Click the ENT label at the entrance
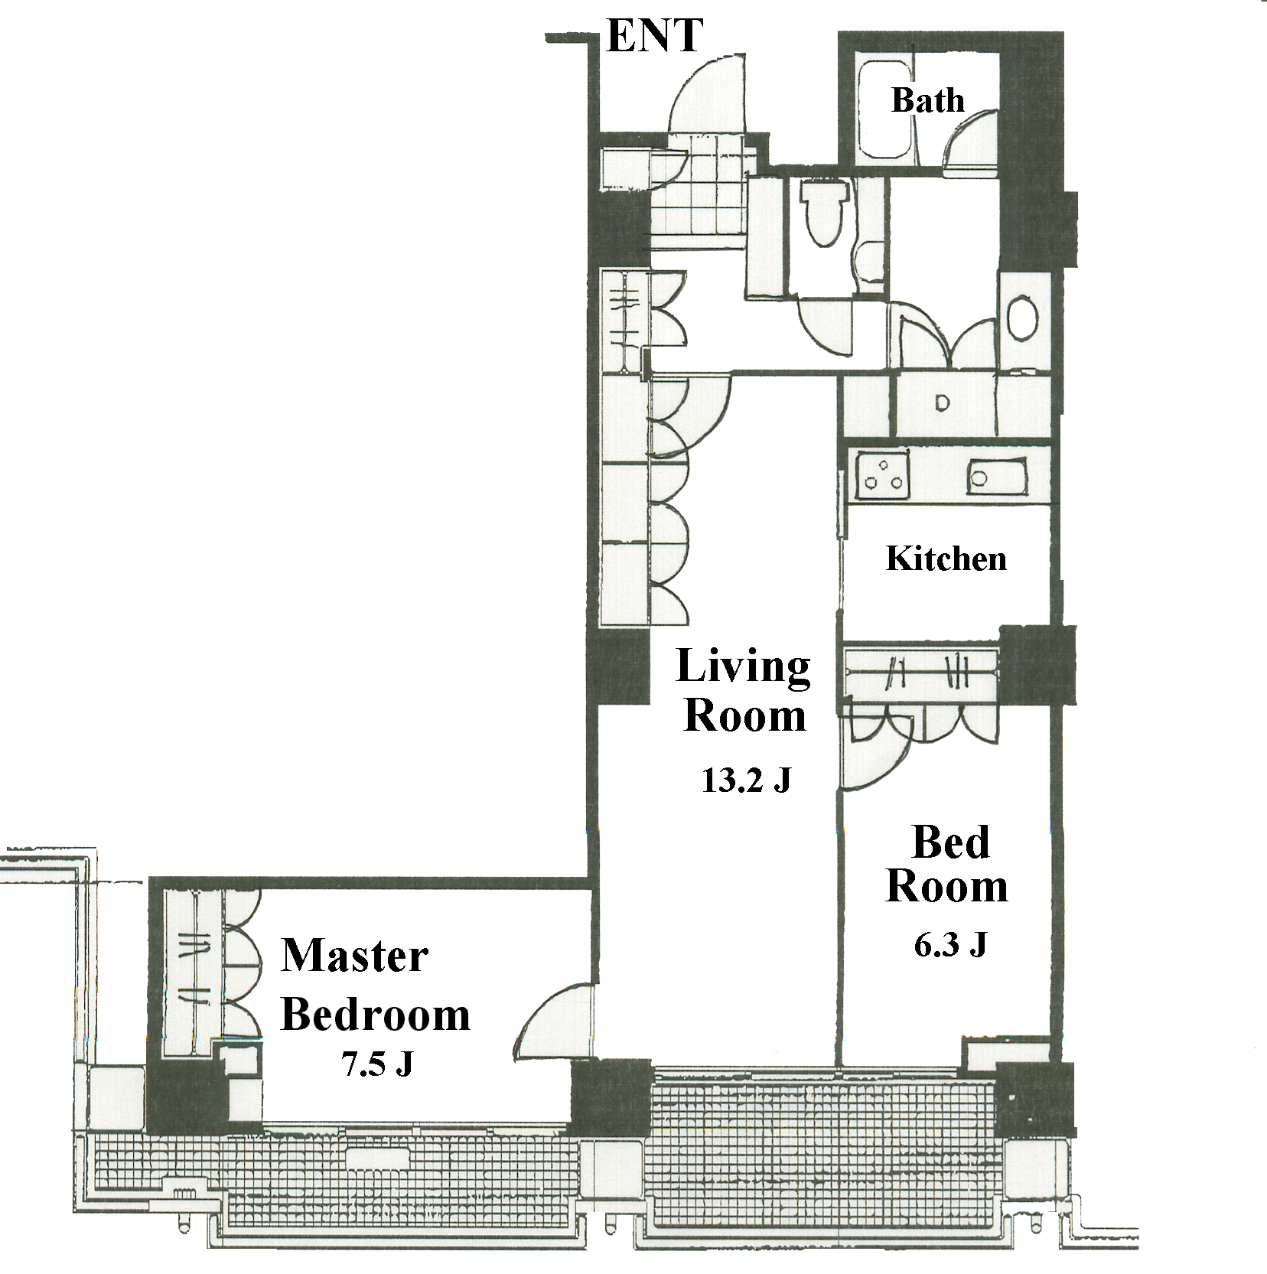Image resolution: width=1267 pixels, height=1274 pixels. [654, 36]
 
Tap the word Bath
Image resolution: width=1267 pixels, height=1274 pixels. [927, 100]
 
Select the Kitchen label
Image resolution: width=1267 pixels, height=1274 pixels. [946, 559]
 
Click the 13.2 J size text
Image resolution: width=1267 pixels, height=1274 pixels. [746, 780]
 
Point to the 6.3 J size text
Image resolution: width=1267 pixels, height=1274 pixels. [950, 945]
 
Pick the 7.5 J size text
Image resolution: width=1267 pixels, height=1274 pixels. [377, 1064]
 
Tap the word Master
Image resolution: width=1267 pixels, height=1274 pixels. [355, 956]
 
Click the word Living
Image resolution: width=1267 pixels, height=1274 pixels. [743, 666]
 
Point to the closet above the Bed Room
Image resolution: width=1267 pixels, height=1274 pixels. [921, 673]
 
